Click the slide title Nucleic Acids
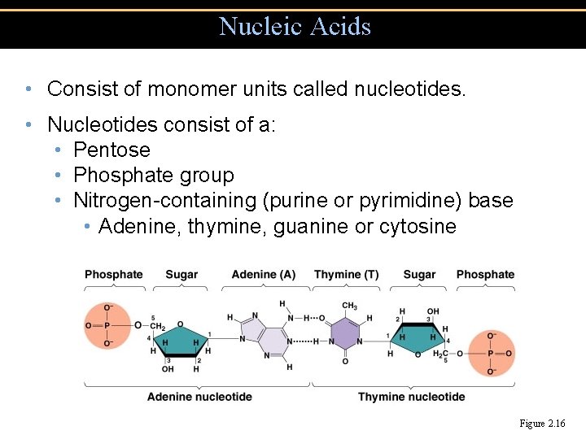pos(295,26)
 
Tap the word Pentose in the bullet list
pos(112,150)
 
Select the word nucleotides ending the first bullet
pos(410,89)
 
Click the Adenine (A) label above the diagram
pos(263,275)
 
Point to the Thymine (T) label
pos(346,275)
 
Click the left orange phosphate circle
pos(107,326)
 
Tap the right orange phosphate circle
pos(490,354)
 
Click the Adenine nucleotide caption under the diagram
pos(199,397)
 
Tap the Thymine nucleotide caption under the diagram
pos(411,397)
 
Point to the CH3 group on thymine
pos(349,306)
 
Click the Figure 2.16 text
pos(542,424)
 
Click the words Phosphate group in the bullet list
pos(153,176)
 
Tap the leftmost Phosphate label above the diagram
pos(113,275)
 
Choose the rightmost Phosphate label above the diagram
pos(485,275)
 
